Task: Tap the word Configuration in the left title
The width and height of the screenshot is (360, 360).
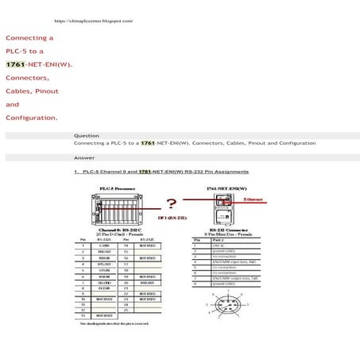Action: pos(30,118)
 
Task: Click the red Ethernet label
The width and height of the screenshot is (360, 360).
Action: pos(254,199)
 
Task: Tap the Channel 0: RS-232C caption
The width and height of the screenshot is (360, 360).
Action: pos(117,228)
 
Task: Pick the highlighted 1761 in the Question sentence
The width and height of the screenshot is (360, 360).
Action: pos(147,143)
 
